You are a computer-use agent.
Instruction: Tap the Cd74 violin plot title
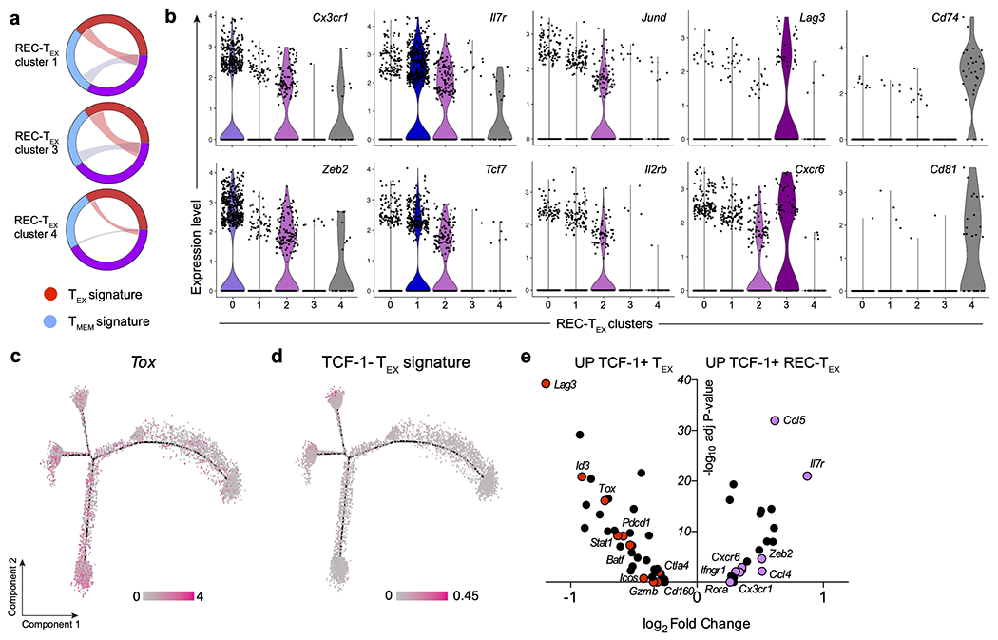point(950,19)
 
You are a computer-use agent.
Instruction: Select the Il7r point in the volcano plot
point(807,476)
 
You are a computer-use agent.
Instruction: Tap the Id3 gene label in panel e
point(582,465)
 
